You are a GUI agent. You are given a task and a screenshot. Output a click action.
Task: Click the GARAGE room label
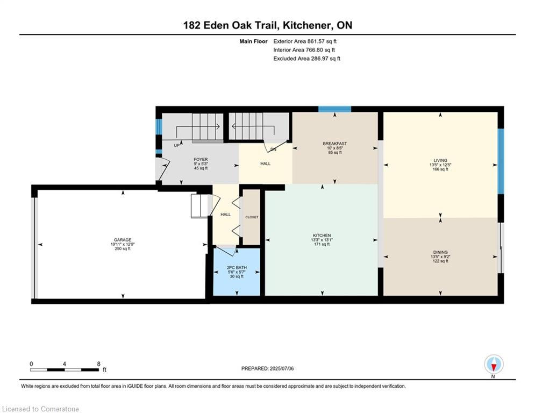[x=123, y=240]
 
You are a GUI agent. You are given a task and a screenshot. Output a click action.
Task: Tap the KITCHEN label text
[x=322, y=236]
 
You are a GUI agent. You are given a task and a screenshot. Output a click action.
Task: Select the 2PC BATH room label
[x=237, y=268]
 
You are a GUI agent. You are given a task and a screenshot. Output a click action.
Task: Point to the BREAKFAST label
[x=335, y=144]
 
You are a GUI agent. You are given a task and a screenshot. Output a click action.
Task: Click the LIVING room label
[x=440, y=160]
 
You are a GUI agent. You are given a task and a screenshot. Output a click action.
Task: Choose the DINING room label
[x=440, y=252]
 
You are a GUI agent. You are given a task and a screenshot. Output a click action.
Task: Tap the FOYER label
[x=201, y=159]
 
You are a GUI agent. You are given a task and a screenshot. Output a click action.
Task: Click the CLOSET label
[x=252, y=217]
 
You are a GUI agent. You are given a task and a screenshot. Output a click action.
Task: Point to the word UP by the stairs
[x=177, y=145]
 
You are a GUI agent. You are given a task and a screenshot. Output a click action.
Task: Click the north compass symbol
[x=494, y=365]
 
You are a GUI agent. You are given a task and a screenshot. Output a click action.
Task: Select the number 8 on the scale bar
[x=98, y=364]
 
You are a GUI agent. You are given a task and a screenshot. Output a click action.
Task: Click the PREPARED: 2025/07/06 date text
[x=268, y=368]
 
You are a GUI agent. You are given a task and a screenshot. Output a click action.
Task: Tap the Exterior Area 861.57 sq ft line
[x=305, y=41]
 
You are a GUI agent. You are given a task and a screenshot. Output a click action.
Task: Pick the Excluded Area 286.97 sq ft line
[x=306, y=59]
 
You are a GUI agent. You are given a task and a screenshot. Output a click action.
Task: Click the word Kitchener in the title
[x=307, y=25]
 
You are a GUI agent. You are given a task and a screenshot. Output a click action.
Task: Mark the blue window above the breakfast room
[x=335, y=109]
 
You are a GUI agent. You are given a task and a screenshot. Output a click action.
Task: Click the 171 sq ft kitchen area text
[x=322, y=244]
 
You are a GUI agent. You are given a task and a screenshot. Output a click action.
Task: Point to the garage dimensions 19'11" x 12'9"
[x=123, y=244]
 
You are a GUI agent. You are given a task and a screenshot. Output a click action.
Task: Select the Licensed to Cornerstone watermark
[x=40, y=409]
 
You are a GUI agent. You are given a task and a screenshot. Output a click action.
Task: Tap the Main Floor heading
[x=253, y=41]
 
